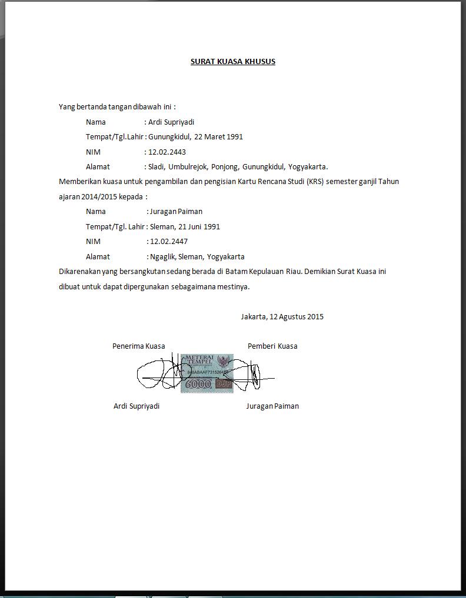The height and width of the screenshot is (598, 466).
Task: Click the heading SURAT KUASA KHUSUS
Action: click(x=232, y=62)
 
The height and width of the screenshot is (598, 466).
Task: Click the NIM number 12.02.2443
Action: click(x=168, y=152)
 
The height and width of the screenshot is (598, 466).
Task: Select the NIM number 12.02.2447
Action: click(x=169, y=241)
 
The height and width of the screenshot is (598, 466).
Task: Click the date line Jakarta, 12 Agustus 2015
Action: click(x=282, y=316)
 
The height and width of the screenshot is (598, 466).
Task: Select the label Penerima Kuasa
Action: click(x=138, y=346)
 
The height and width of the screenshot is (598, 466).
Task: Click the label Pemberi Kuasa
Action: click(x=272, y=346)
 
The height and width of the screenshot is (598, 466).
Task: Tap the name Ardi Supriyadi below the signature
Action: click(x=136, y=406)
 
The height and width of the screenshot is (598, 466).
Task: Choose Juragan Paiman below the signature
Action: click(x=272, y=406)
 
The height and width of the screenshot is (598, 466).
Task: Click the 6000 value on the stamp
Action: click(x=198, y=385)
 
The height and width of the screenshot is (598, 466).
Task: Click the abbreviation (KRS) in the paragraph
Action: click(x=314, y=182)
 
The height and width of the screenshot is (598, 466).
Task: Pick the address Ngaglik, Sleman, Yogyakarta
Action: click(x=197, y=256)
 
